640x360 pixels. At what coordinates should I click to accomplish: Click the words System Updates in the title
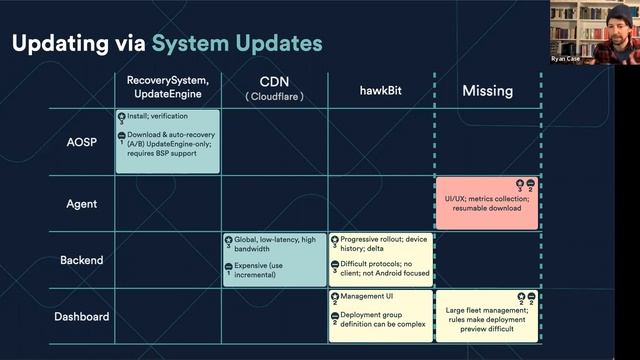[x=237, y=44]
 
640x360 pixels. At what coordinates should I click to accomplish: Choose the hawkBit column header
[x=380, y=90]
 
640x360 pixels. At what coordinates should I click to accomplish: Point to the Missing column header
[x=487, y=90]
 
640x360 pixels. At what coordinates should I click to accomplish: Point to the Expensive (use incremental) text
[x=270, y=271]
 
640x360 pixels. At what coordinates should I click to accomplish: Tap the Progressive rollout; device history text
[x=385, y=245]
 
